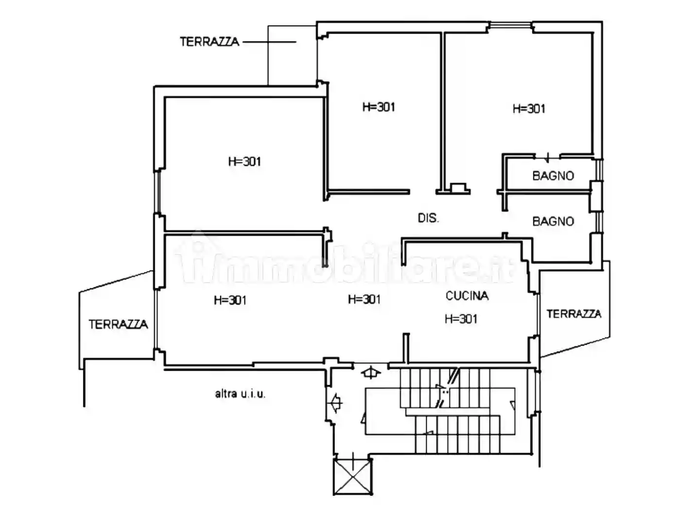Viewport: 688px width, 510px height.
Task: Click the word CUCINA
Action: click(467, 295)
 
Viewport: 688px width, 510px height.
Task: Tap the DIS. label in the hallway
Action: click(428, 218)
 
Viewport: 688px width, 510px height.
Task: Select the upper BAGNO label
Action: click(553, 175)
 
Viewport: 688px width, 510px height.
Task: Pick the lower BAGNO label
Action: click(553, 221)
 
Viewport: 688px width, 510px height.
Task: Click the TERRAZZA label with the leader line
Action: click(209, 42)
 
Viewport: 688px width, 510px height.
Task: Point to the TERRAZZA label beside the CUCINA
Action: click(574, 314)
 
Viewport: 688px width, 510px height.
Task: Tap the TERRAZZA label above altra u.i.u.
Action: click(118, 324)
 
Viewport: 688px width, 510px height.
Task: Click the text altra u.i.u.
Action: click(240, 393)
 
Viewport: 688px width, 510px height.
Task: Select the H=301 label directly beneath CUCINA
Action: click(461, 319)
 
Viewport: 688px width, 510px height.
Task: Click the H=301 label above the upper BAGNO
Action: click(529, 108)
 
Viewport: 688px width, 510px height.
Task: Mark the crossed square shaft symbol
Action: click(352, 476)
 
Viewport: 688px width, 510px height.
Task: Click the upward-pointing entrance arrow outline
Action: click(371, 373)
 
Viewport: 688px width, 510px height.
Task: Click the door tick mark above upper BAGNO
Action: click(548, 156)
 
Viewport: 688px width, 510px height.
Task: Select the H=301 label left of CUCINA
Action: click(364, 299)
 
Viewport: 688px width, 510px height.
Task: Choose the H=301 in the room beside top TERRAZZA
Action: click(379, 107)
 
